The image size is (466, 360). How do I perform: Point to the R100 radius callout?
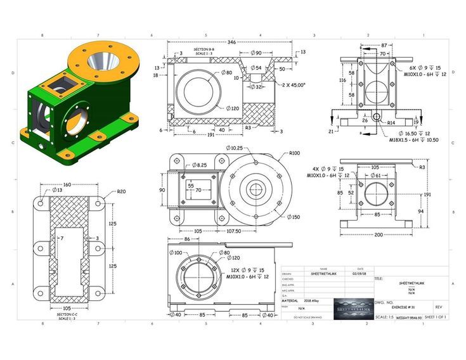(x=294, y=153)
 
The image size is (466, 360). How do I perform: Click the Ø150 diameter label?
(x=293, y=217)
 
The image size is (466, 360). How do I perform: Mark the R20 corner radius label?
(x=122, y=191)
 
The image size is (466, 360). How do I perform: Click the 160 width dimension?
(x=67, y=185)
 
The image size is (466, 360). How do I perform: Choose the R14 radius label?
(x=391, y=122)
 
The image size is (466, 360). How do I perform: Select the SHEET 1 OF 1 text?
(x=436, y=316)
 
